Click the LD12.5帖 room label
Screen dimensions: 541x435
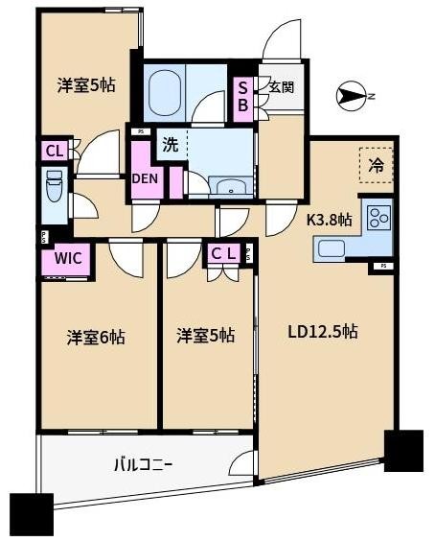pos(325,333)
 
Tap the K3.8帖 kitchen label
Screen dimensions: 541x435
pos(329,220)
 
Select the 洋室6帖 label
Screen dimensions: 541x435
pos(96,337)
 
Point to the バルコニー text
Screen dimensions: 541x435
pos(143,465)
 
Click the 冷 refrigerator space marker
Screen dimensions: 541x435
pos(377,164)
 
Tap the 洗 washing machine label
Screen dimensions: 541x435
pos(170,146)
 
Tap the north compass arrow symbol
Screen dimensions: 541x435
pos(352,95)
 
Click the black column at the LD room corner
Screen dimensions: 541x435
pos(402,449)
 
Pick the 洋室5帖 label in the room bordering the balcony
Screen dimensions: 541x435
pos(205,337)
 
